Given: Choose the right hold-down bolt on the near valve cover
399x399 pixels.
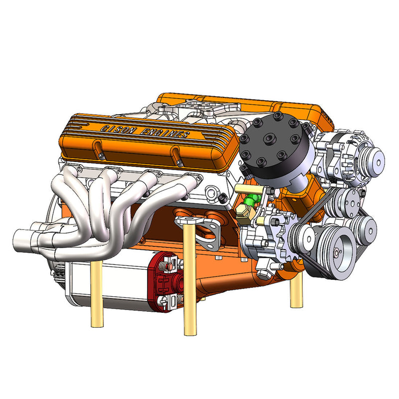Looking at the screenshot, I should point(176,156).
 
